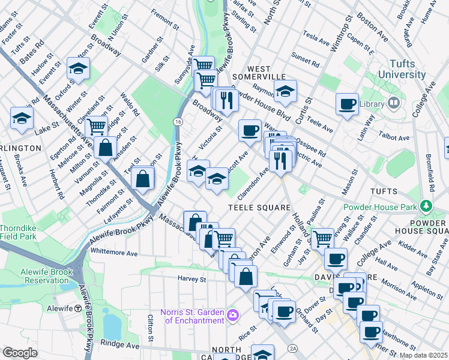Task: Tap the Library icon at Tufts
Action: click(x=394, y=103)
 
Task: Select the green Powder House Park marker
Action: click(x=427, y=206)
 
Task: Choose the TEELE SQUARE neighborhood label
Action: click(x=259, y=208)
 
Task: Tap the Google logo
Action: click(x=20, y=353)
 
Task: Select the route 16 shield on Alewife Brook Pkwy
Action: click(x=177, y=121)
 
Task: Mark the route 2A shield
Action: click(x=293, y=348)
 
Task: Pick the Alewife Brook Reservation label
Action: click(x=37, y=275)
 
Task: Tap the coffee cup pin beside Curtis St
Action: click(x=346, y=104)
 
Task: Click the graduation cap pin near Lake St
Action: click(x=22, y=118)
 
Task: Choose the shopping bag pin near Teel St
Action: click(x=143, y=178)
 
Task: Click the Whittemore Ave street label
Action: click(x=114, y=254)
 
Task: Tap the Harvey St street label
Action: click(x=191, y=279)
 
